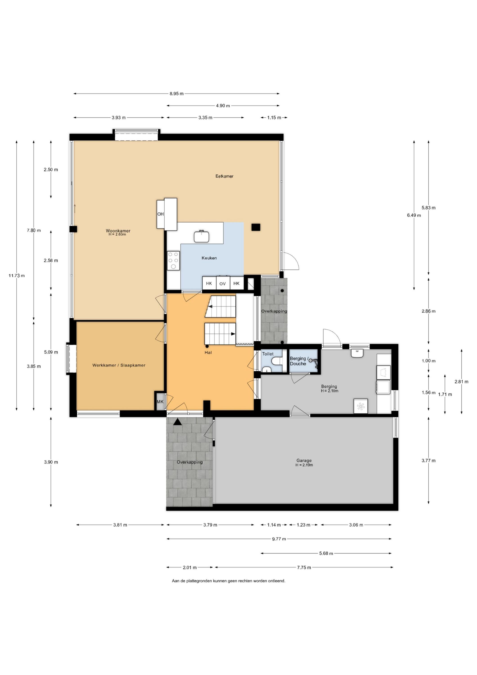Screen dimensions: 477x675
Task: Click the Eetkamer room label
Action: click(224, 176)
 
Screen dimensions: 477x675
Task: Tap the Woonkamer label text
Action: click(118, 231)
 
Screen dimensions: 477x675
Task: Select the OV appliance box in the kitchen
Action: click(223, 283)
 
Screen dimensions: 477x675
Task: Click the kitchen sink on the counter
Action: click(201, 236)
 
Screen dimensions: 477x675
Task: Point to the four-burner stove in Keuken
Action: click(173, 261)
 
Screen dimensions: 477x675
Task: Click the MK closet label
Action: click(160, 402)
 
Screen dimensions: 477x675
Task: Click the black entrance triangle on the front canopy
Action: click(177, 422)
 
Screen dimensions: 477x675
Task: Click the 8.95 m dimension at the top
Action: click(176, 94)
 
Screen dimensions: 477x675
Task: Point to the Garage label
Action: click(304, 460)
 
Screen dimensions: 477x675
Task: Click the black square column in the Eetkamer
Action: click(256, 227)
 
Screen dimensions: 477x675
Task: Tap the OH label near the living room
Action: click(161, 214)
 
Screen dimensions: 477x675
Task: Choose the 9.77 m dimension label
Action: click(279, 539)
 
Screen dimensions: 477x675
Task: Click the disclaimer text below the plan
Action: click(229, 581)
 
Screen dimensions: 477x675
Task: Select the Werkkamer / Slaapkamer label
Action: click(119, 365)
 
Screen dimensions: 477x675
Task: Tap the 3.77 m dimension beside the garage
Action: click(428, 460)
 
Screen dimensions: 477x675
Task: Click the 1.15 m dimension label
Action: click(274, 118)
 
